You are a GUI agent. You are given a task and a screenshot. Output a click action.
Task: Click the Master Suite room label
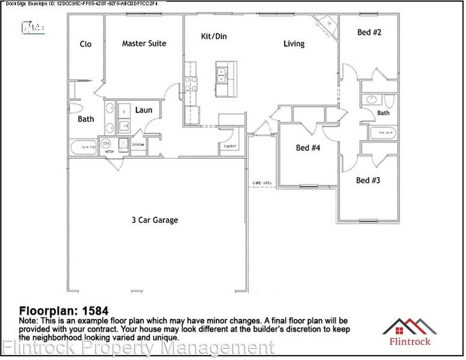[x=144, y=43]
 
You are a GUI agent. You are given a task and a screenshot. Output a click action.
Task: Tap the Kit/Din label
[x=214, y=36]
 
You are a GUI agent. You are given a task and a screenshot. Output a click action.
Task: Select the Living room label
[x=294, y=44]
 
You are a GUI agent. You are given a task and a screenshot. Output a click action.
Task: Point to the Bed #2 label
[x=369, y=32]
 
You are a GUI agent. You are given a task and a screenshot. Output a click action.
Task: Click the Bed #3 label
[x=368, y=180]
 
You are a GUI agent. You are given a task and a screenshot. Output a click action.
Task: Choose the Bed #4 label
[x=308, y=148]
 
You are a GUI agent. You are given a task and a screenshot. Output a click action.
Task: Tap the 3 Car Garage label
[x=155, y=220]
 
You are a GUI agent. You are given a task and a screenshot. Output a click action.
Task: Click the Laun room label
[x=143, y=110]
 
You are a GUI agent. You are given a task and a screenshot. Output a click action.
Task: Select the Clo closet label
[x=85, y=44]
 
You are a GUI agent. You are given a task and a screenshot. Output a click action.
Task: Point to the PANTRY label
[x=230, y=146]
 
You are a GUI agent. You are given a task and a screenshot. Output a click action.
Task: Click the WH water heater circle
[x=106, y=143]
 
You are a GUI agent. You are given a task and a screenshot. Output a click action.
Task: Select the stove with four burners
[x=191, y=84]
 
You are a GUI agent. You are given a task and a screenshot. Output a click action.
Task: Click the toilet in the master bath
[x=76, y=108]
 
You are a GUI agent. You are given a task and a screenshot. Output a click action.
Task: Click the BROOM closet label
[x=138, y=145]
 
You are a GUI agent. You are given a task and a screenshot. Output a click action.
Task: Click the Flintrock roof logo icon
[x=409, y=326]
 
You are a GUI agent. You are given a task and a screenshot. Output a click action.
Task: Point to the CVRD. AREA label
[x=262, y=183]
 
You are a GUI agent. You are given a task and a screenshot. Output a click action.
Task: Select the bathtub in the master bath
[x=83, y=147]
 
